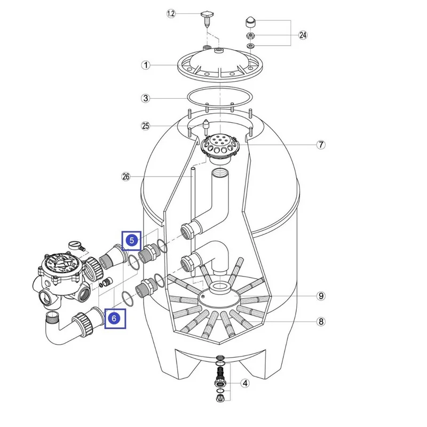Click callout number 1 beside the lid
coord(145,65)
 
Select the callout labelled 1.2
coord(171,14)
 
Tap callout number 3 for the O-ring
coord(145,98)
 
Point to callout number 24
coord(303,36)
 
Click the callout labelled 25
coord(145,126)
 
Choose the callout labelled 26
coord(126,177)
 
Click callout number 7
coord(321,145)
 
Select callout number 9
coord(321,296)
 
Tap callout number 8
coord(321,321)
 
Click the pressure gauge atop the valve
coord(77,246)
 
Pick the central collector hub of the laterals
coord(219,291)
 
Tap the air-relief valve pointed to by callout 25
coord(205,126)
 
